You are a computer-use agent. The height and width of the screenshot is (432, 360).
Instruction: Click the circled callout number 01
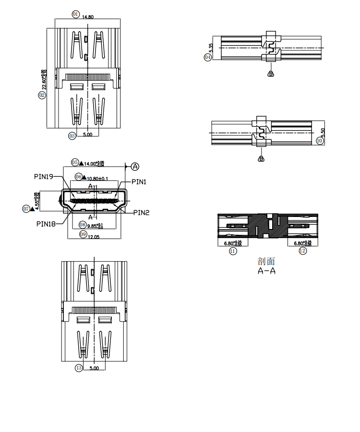75,14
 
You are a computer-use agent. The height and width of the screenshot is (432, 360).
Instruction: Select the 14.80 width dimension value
88,17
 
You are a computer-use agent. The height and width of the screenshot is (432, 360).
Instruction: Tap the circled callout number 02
42,95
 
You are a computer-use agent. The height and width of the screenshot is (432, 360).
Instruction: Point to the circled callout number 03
72,136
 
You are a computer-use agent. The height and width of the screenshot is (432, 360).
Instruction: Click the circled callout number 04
208,57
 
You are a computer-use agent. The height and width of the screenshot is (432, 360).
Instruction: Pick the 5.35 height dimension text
211,48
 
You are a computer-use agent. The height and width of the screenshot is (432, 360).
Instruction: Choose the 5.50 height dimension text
323,132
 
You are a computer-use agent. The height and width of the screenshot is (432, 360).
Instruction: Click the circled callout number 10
320,141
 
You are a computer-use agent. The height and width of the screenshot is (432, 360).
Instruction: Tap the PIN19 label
44,176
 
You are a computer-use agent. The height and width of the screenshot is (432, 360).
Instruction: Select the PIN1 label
139,182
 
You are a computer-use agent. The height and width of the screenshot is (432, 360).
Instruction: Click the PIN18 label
46,223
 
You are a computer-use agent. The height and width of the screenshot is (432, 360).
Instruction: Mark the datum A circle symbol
135,167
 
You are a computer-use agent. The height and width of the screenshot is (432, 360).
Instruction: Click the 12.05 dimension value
93,236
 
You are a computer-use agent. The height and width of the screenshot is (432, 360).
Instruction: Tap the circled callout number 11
233,251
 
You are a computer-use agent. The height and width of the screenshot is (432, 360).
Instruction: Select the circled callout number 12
302,251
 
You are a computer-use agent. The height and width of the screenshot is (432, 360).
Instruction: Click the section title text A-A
267,271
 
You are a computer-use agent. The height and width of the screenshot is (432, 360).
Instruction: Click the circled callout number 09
83,234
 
